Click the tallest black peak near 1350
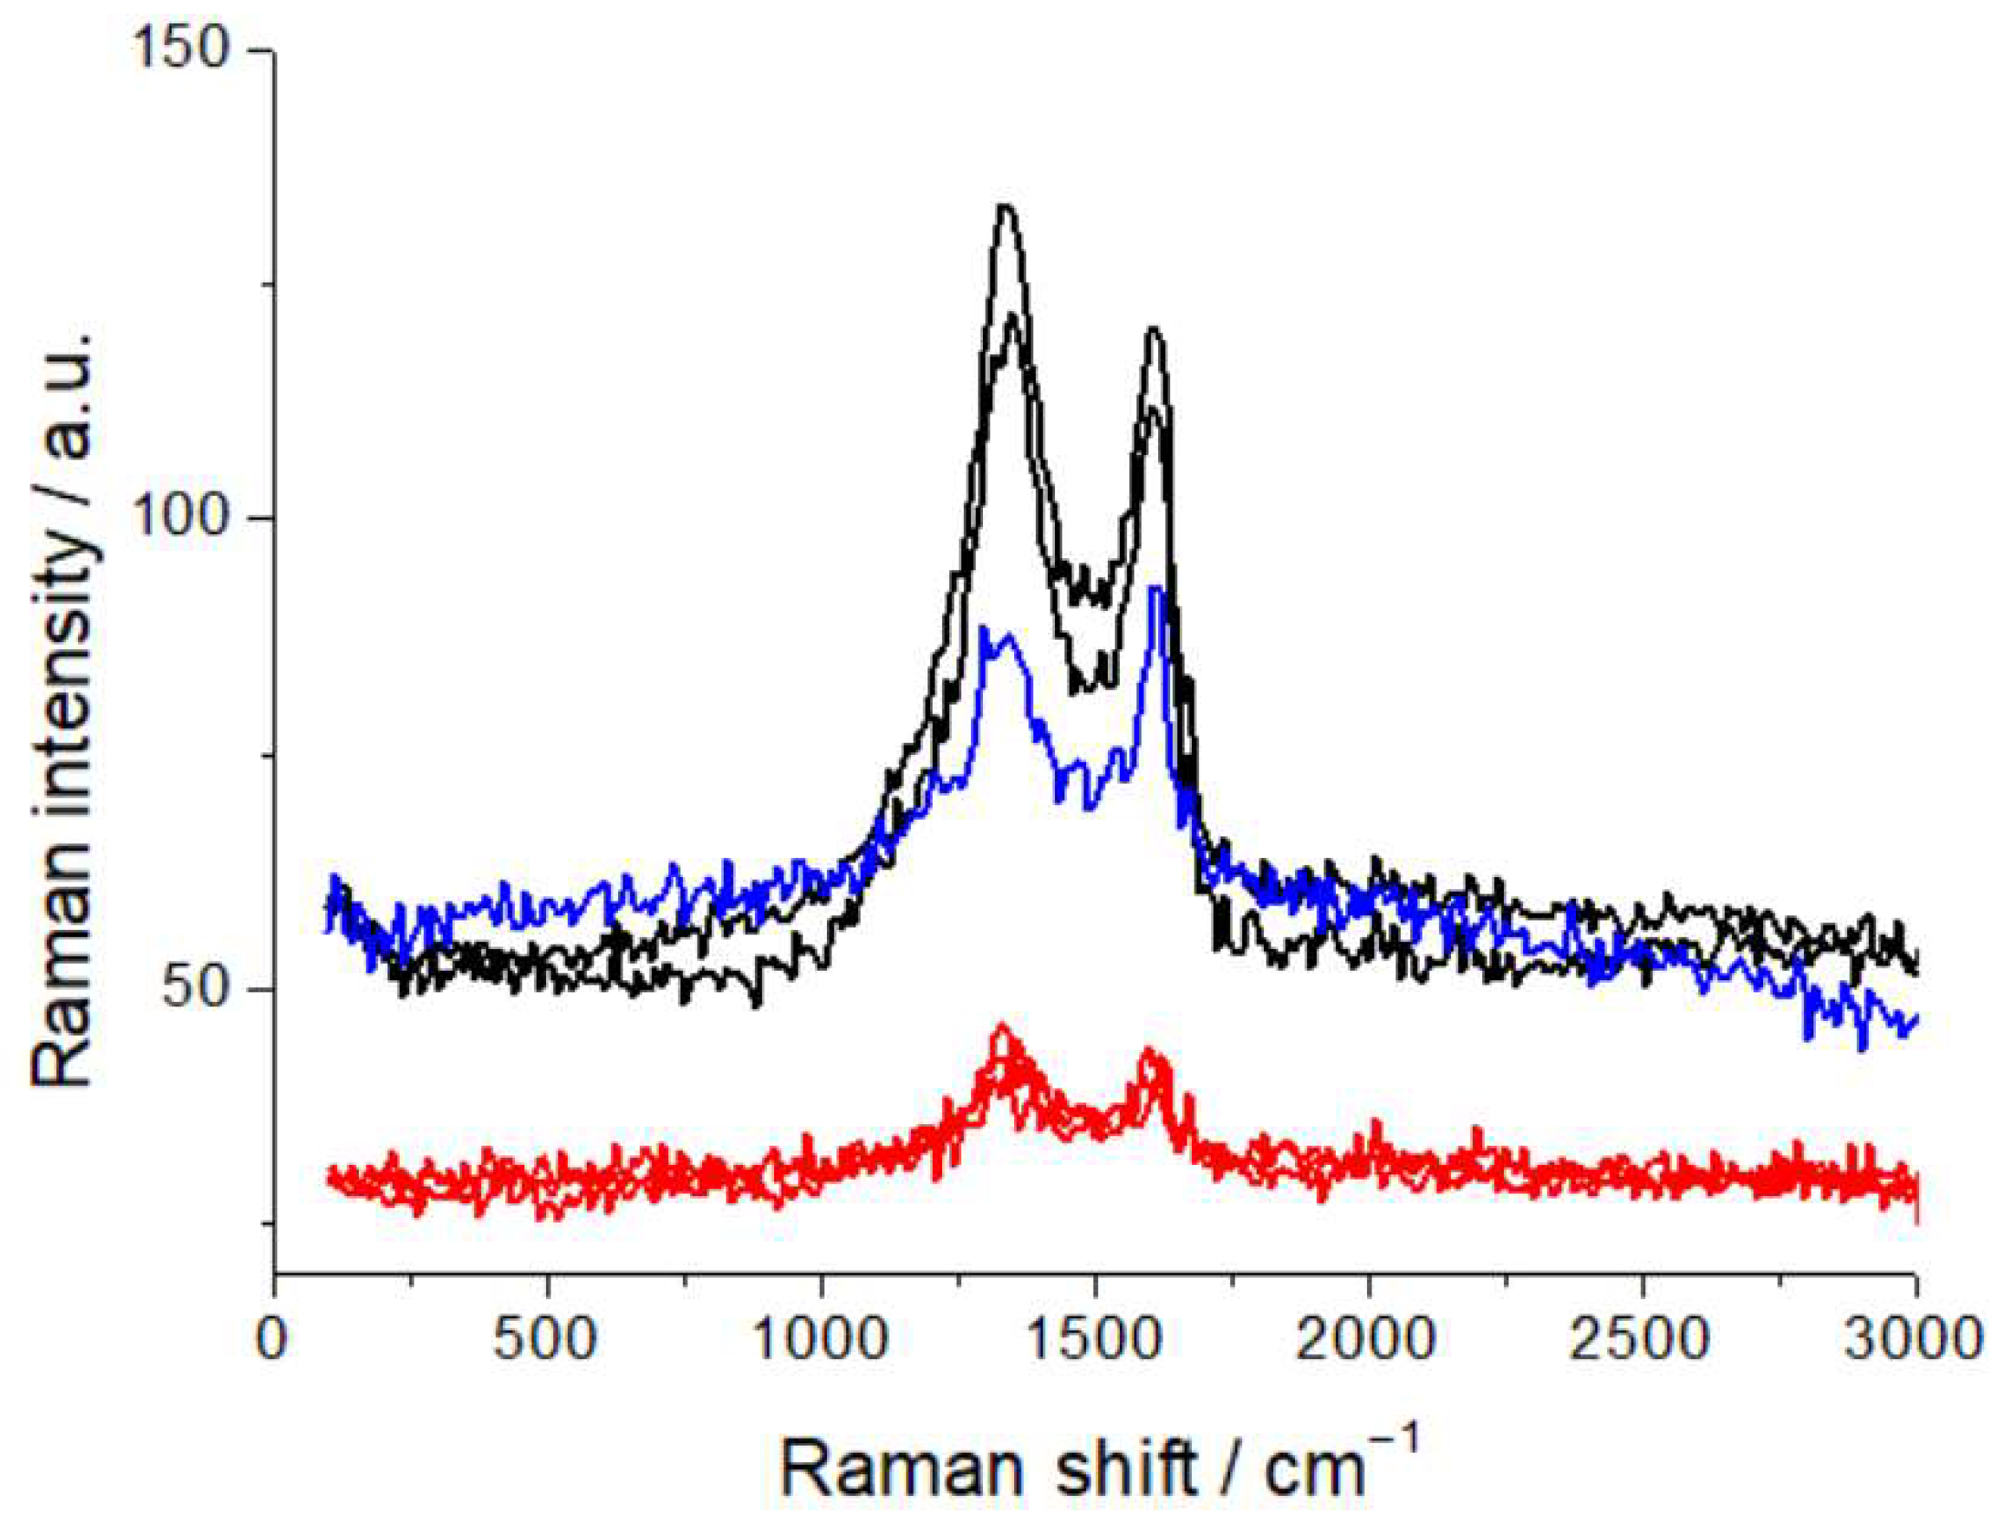point(1006,207)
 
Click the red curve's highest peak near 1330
point(1001,1026)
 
